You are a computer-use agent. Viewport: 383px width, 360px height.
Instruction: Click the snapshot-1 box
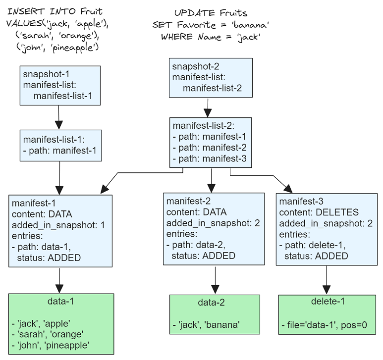coord(60,86)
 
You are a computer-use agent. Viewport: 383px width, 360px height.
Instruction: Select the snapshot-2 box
coord(211,78)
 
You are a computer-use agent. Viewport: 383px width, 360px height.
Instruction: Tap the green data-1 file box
coord(61,324)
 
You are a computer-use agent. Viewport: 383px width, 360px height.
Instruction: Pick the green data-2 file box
coord(215,314)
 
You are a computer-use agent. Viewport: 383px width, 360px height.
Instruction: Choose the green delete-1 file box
coord(327,314)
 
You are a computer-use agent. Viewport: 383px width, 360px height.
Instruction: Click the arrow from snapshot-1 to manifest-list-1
coord(59,117)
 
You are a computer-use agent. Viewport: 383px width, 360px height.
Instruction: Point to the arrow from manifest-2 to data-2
coord(215,280)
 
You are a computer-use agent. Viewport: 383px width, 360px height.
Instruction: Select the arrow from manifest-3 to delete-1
coord(327,280)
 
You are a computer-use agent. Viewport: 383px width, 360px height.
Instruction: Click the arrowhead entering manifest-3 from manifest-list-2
coord(288,189)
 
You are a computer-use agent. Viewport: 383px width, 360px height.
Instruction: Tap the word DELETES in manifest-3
coord(337,212)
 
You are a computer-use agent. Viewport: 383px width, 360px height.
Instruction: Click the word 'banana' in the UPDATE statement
coord(250,25)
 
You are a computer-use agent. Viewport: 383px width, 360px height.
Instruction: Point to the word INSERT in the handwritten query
coord(26,12)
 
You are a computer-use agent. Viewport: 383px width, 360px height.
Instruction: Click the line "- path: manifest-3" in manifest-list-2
coord(210,158)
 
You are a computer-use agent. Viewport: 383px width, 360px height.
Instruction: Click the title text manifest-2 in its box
coord(188,201)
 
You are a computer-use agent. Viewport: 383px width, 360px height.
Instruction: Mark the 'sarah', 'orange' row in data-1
coord(48,334)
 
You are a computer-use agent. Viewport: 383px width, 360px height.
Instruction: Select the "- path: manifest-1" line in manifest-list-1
coord(60,151)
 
